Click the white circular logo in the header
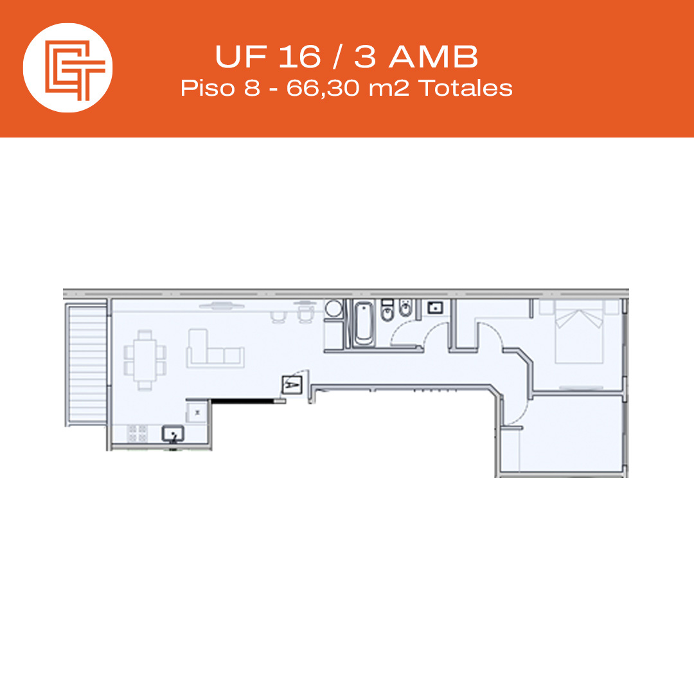point(67,67)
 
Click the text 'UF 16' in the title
point(267,57)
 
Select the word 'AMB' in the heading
point(434,57)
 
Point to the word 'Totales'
point(466,88)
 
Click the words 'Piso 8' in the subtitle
point(220,88)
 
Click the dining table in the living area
point(145,360)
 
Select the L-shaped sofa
point(215,350)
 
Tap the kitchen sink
point(173,433)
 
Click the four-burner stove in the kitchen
point(138,433)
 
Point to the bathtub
point(364,323)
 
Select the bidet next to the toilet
point(405,308)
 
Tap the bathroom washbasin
point(436,307)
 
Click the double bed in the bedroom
point(579,332)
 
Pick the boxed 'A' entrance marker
point(291,385)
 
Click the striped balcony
point(87,364)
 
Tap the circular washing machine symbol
point(334,308)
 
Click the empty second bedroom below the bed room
point(571,433)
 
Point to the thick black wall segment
point(243,401)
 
